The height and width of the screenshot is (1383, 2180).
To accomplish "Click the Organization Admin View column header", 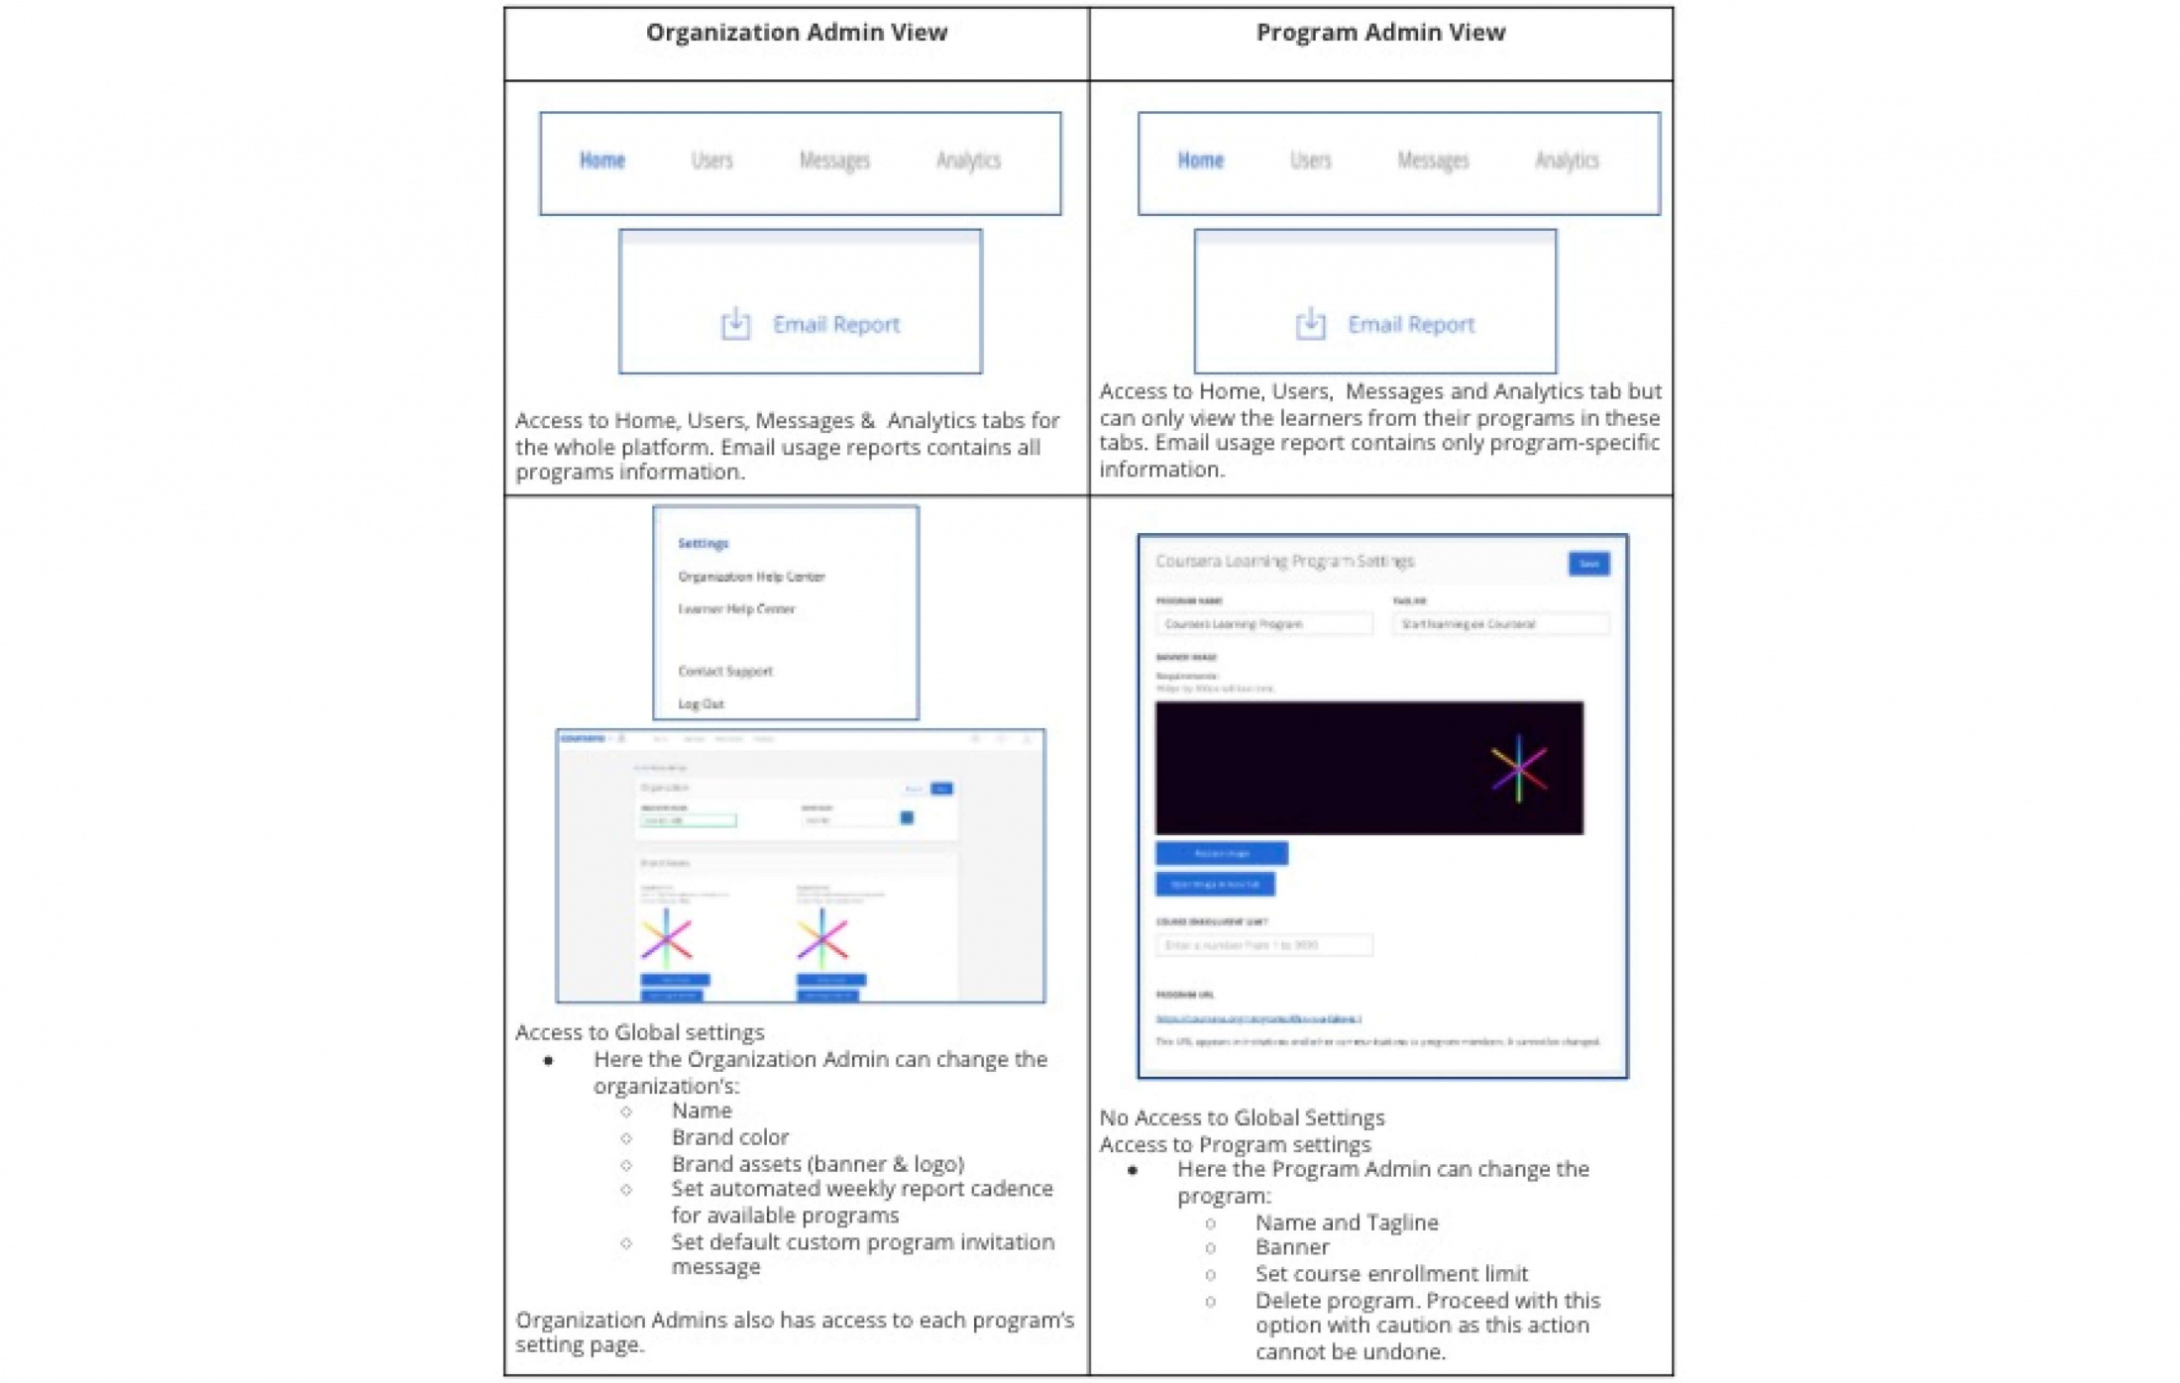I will (x=796, y=33).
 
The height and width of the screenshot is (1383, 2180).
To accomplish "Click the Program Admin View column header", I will (x=1379, y=33).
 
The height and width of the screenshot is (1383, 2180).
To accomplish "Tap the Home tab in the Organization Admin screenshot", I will (x=601, y=160).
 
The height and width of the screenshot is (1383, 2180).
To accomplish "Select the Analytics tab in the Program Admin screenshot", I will (x=1566, y=160).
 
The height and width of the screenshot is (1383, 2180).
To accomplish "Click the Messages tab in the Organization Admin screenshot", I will (x=833, y=160).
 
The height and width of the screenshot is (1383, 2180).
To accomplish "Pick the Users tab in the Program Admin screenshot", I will (x=1309, y=160).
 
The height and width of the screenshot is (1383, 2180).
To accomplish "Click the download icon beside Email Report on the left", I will (x=734, y=324).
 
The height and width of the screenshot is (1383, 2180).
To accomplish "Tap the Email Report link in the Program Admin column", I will (x=1410, y=325).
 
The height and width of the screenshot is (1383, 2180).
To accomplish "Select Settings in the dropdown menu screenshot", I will (x=703, y=543).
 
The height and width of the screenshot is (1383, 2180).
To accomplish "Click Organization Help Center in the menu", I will (x=750, y=577).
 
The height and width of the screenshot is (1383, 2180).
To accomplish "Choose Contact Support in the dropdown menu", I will (x=724, y=671).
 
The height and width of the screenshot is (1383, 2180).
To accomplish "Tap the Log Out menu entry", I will (x=701, y=703).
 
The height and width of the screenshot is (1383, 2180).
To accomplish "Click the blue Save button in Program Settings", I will (x=1587, y=564).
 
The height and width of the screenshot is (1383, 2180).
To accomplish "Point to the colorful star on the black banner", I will (x=1517, y=768).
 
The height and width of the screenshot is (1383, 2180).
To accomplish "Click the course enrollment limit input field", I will (x=1262, y=945).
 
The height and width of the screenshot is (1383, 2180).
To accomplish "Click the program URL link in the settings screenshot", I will (x=1256, y=1018).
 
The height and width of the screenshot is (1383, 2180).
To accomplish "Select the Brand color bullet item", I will (x=729, y=1137).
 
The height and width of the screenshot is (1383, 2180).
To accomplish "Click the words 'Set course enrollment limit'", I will (x=1390, y=1273).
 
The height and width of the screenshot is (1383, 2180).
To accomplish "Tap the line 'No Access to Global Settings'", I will (x=1241, y=1117).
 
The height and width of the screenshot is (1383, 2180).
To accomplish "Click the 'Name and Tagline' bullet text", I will (x=1346, y=1223).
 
